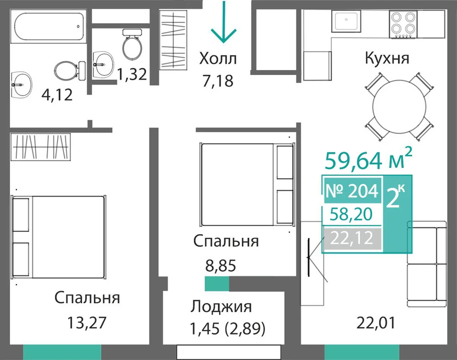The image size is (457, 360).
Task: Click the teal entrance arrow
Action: point(224,22)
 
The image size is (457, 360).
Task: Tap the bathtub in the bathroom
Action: point(48,27)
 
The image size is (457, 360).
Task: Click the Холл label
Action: point(218,59)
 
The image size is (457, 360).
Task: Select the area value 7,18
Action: point(218,81)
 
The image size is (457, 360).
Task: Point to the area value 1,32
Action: point(132,74)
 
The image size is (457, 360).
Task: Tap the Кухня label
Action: point(387,58)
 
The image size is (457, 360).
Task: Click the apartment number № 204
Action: point(352,191)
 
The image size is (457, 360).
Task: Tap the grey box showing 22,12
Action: point(352,238)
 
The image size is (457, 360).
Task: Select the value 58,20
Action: point(351,215)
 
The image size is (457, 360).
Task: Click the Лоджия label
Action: point(221,306)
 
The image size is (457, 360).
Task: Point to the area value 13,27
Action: point(87,322)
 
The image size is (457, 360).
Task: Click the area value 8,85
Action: point(221,266)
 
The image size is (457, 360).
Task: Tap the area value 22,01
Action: point(376,322)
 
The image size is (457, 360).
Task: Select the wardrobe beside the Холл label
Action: point(173,40)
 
